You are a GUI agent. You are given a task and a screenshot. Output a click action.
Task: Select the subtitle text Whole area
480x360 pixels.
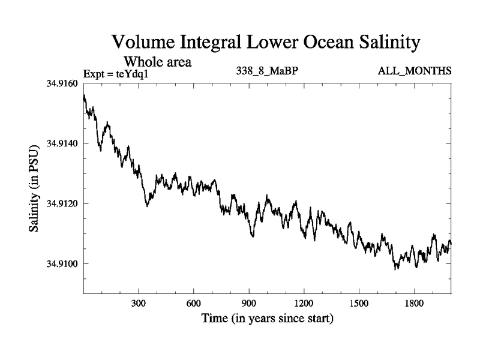[x=157, y=61]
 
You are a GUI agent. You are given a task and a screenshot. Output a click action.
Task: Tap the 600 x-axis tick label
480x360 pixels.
[x=194, y=303]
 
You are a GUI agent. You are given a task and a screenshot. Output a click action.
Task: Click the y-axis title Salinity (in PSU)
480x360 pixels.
[x=35, y=188]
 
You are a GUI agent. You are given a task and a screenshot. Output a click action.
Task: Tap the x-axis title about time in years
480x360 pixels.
[x=267, y=318]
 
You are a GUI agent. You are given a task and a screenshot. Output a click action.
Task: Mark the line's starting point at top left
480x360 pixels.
[x=84, y=96]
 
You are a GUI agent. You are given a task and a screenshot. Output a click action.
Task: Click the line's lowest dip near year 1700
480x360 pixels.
[x=395, y=269]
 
